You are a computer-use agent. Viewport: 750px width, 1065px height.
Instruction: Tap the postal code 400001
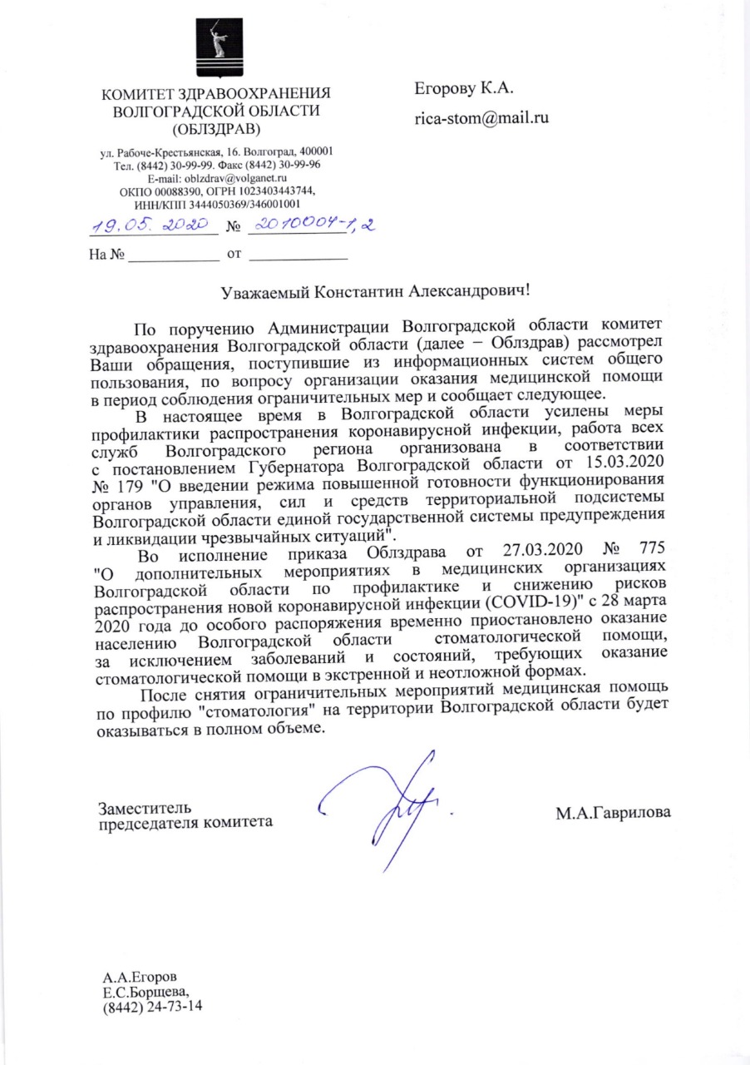tap(316, 152)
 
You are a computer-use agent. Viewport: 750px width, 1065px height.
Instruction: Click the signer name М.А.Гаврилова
tap(614, 813)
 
